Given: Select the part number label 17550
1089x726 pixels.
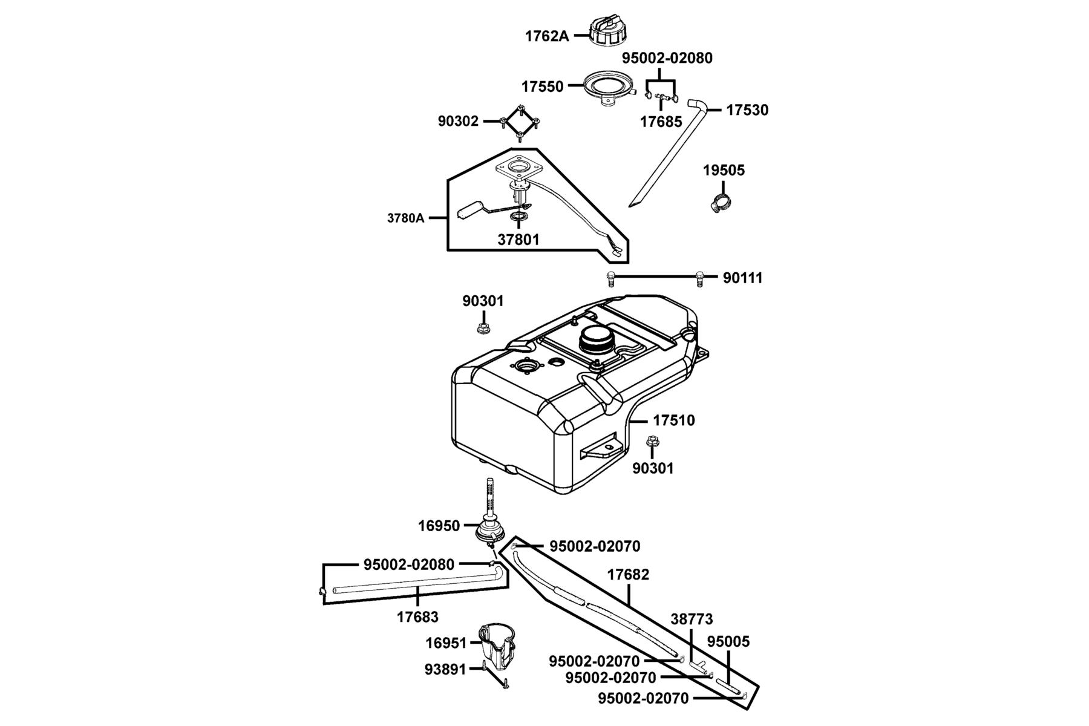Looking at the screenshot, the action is (x=542, y=87).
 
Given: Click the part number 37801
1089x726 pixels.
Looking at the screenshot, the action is (x=518, y=240).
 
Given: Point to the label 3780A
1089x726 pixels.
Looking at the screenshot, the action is (x=406, y=218).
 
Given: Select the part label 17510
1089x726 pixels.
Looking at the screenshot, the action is (x=675, y=420).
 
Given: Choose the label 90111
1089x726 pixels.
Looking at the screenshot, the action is (x=743, y=278).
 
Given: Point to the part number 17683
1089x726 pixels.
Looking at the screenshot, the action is (x=417, y=617).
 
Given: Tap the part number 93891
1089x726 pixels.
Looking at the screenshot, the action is (x=446, y=670).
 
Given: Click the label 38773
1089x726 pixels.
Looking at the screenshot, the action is (x=692, y=620).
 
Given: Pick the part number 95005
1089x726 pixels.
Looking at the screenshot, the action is (x=728, y=642).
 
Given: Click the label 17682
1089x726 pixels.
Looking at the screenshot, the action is (x=628, y=575).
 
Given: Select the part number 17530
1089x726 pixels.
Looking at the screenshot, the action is (x=747, y=110).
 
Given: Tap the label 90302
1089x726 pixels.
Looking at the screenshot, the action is (x=458, y=122).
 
